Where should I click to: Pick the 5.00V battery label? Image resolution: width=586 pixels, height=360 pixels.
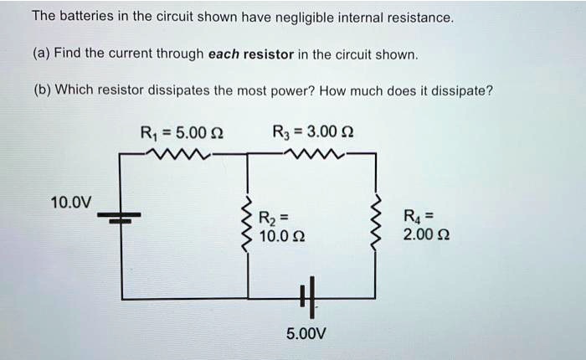(x=306, y=333)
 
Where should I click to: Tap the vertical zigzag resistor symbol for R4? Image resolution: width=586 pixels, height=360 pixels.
(x=376, y=223)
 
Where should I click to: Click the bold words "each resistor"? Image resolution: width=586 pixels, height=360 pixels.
(x=249, y=54)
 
